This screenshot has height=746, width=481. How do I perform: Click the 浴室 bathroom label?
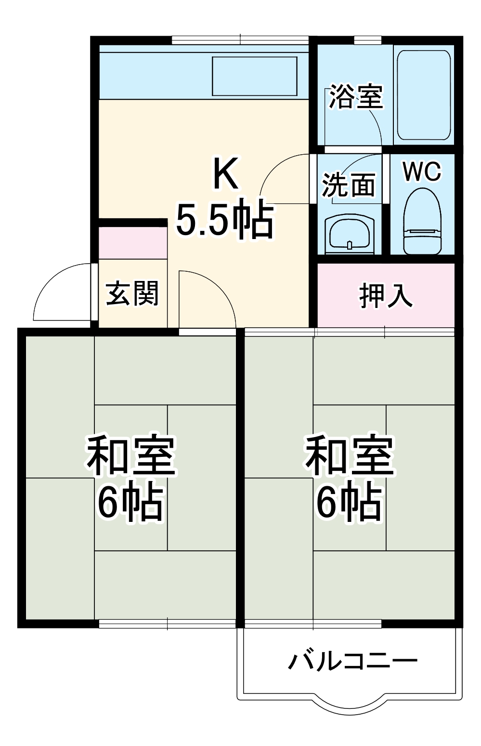pos(356,97)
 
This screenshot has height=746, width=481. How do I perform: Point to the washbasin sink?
pos(350,234)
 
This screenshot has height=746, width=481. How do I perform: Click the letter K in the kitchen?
pos(225,174)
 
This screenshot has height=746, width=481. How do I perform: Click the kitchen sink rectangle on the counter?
pos(255,76)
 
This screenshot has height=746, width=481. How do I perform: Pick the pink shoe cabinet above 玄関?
pos(133,242)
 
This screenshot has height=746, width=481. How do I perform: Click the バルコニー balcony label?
pos(352,661)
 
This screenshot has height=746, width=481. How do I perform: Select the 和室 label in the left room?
pos(130,455)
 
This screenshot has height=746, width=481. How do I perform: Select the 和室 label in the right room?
pos(350,455)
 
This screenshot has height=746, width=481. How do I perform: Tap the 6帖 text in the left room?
pos(130,502)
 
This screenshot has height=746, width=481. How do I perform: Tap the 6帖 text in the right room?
pos(350,502)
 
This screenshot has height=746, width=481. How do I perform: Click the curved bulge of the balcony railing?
pos(350,706)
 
